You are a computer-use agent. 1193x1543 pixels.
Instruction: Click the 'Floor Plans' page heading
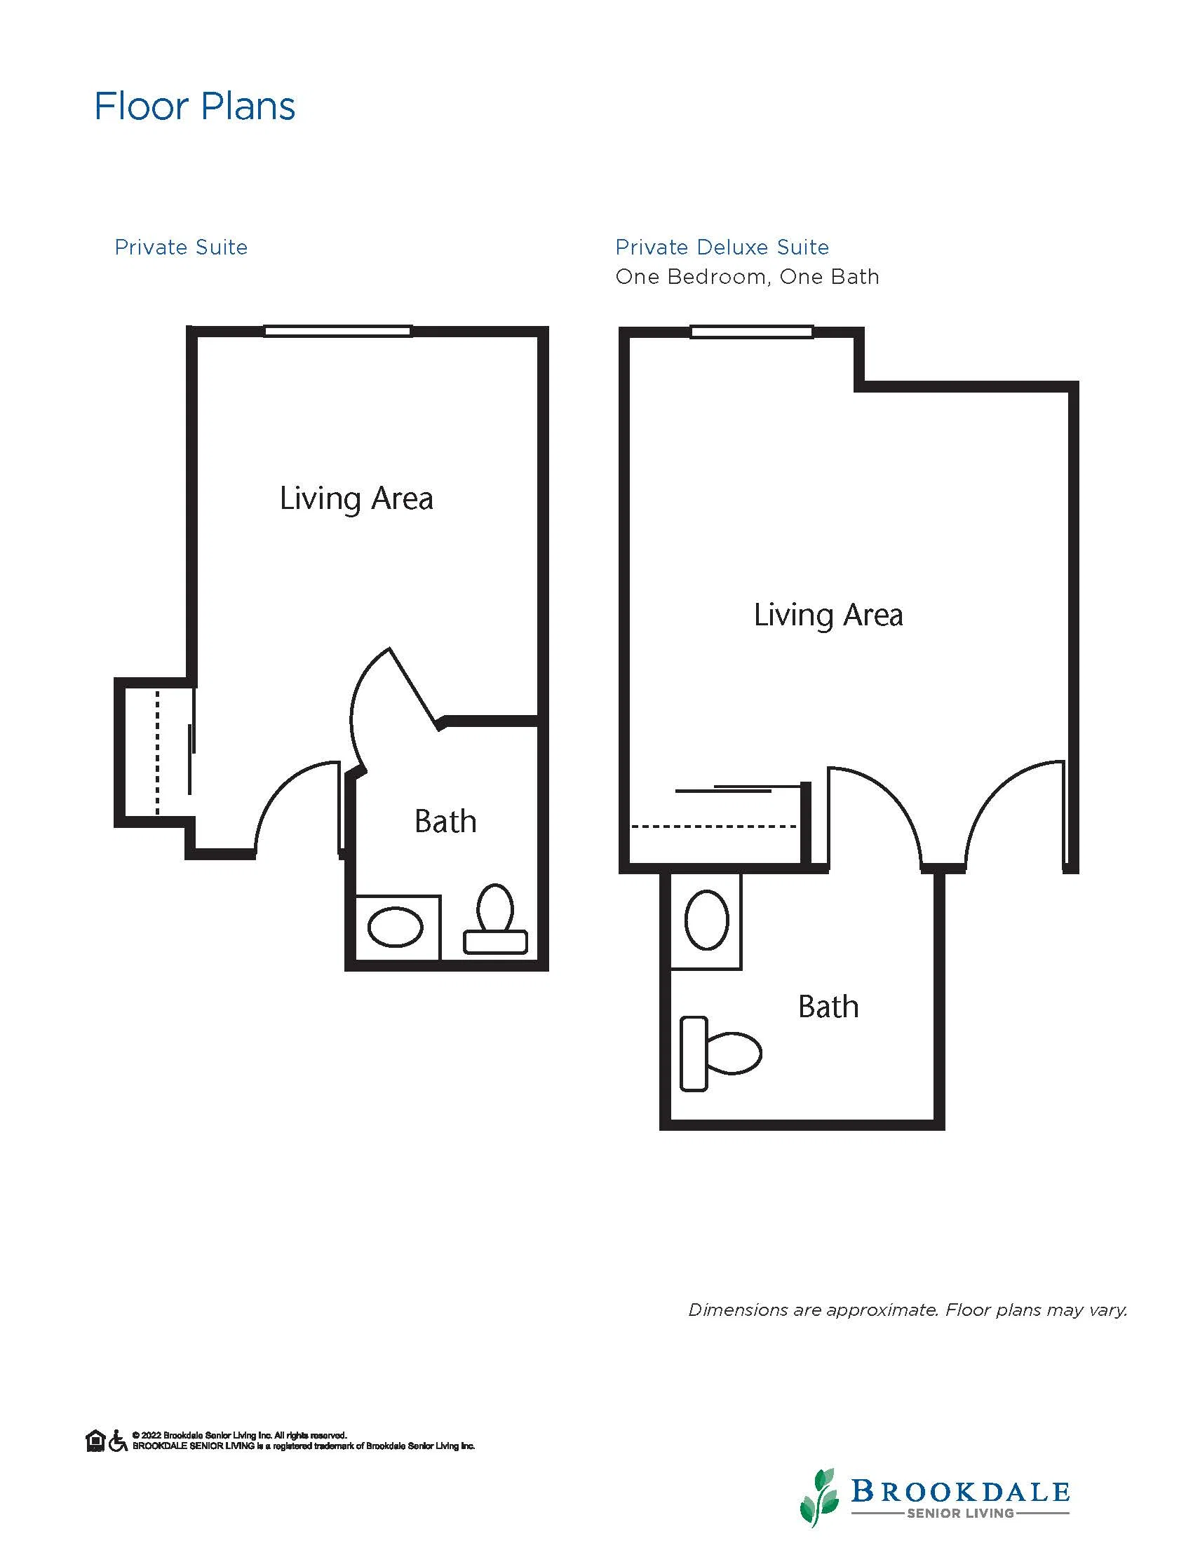(194, 107)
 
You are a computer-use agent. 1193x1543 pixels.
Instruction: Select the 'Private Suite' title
(181, 247)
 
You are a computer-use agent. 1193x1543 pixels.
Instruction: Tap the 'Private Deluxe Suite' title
(722, 247)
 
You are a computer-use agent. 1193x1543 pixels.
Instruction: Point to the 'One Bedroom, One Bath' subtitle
(747, 277)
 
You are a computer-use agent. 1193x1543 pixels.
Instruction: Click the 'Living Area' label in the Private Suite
(356, 498)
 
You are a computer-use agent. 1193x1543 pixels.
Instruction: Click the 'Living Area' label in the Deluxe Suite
(828, 615)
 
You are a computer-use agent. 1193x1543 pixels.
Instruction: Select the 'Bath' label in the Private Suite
(445, 821)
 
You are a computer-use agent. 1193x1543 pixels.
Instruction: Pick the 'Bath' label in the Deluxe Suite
(828, 1006)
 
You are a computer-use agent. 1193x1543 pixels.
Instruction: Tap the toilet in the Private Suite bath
(495, 919)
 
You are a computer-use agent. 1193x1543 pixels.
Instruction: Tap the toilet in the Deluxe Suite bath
(720, 1054)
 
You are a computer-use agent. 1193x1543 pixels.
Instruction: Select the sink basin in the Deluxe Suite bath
(707, 920)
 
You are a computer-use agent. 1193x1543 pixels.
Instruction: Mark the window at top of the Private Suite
(338, 331)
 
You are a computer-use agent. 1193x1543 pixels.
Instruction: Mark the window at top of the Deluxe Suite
(751, 332)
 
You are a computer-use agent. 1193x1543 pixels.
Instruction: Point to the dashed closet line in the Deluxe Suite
(714, 826)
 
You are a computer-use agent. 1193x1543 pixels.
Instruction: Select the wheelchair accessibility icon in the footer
(118, 1441)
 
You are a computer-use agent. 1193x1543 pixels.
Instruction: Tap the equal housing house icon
(95, 1441)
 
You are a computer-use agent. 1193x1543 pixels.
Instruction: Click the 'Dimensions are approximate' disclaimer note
(908, 1310)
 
